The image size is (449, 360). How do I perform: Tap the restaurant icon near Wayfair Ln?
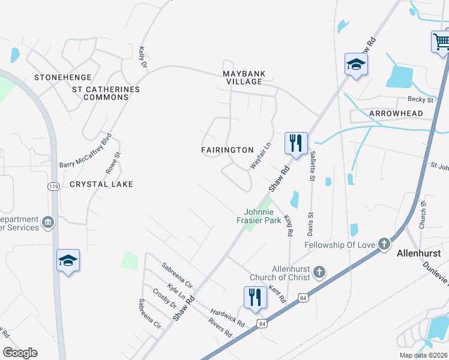click(x=295, y=143)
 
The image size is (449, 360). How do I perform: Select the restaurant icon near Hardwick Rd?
click(x=255, y=298)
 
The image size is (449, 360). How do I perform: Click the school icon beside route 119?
click(x=68, y=261)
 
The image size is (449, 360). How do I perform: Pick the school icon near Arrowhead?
click(x=355, y=65)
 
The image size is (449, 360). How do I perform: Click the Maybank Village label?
click(x=244, y=77)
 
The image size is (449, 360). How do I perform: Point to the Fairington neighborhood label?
click(x=228, y=150)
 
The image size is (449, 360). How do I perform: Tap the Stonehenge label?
click(x=63, y=77)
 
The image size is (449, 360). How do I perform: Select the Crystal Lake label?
click(x=101, y=184)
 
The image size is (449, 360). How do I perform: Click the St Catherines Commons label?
click(x=106, y=94)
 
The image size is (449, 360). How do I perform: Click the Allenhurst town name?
click(x=419, y=254)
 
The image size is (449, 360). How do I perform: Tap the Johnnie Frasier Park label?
click(x=262, y=216)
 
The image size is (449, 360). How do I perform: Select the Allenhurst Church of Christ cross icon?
click(x=319, y=273)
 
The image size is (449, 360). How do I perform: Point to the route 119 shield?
click(x=54, y=187)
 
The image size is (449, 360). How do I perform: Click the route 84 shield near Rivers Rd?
click(x=262, y=324)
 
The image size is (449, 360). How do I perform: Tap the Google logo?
click(x=20, y=353)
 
